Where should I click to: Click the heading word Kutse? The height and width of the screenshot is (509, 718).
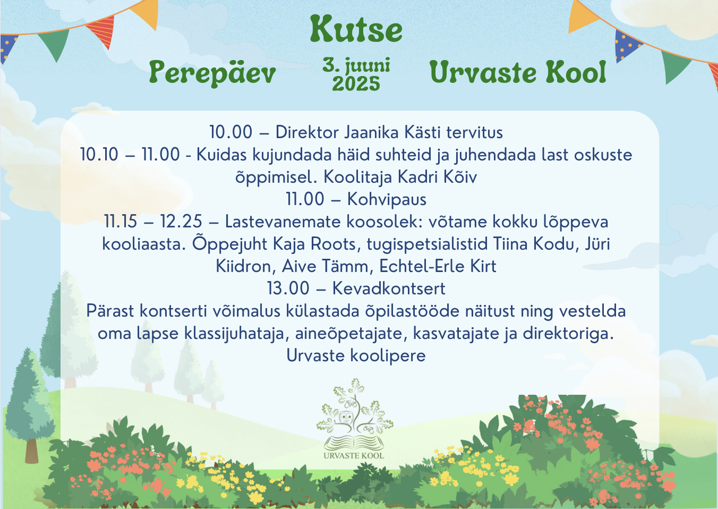click(356, 30)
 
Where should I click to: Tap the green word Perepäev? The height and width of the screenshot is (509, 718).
click(212, 73)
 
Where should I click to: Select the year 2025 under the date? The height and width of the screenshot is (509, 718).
click(356, 84)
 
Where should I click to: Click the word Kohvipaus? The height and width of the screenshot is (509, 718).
click(387, 199)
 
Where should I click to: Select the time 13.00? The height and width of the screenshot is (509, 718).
click(288, 288)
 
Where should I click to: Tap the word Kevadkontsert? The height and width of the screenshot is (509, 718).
click(389, 288)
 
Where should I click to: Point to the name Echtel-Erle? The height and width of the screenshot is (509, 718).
click(422, 266)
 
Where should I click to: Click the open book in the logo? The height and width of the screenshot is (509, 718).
click(354, 443)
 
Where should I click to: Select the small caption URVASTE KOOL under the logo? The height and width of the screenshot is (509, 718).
click(354, 455)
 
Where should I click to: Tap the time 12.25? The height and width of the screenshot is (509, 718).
click(181, 222)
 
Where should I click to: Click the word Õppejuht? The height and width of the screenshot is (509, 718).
click(229, 243)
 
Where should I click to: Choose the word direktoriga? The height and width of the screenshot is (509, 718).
click(568, 334)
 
